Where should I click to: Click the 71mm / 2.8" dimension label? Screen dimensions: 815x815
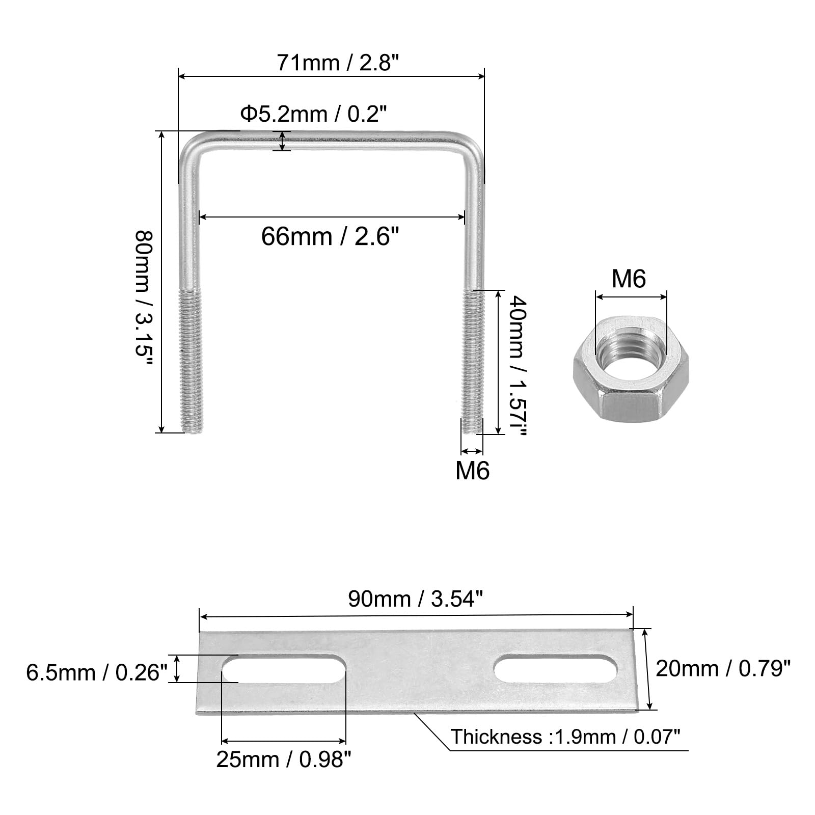[337, 63]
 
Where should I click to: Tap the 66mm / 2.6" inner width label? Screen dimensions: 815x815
[330, 236]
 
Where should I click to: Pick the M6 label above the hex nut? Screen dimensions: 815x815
[629, 279]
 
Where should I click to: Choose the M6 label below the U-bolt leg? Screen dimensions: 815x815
[472, 470]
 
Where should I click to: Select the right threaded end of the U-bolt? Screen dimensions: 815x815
[473, 362]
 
